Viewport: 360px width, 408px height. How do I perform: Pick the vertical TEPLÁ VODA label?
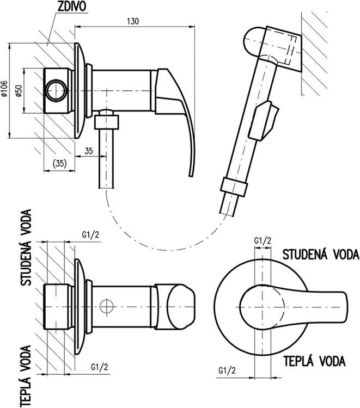[25, 376]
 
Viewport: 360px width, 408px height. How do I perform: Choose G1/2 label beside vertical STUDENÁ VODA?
[91, 235]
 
